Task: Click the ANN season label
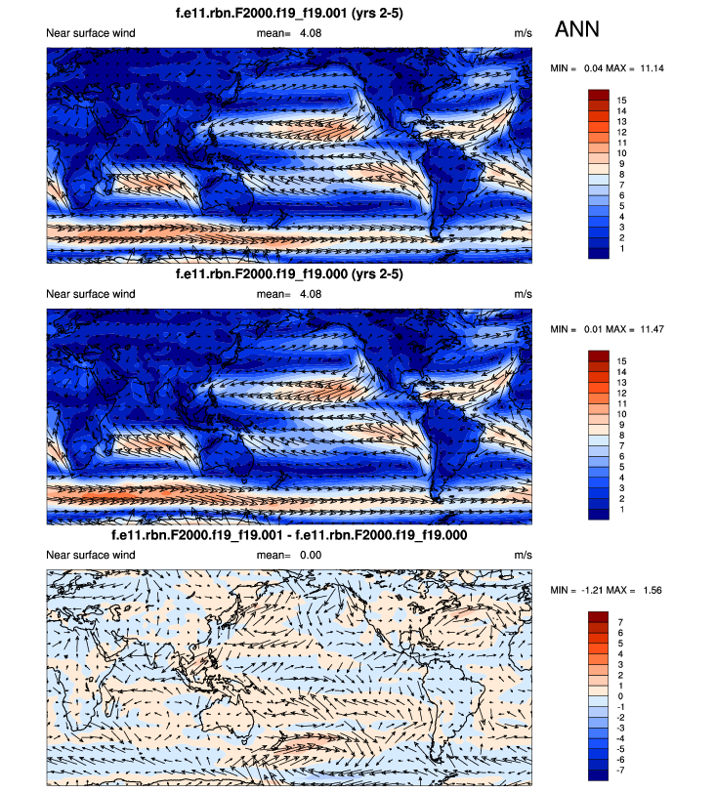point(578,30)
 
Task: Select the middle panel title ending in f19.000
point(289,275)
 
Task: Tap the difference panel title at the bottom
point(289,536)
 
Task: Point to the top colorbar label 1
point(621,249)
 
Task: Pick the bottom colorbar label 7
point(621,619)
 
